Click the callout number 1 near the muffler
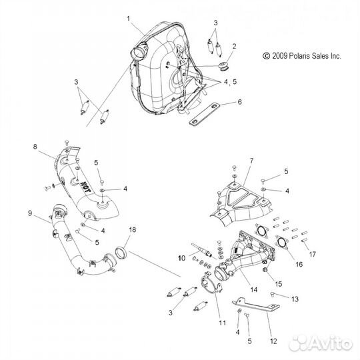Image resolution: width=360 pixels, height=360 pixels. tap(129, 19)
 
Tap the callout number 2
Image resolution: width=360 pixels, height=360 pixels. tap(234, 46)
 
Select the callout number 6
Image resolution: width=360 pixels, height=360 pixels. tap(239, 102)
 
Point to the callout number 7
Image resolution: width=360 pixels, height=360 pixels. tap(251, 161)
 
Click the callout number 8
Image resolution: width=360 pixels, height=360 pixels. tap(35, 147)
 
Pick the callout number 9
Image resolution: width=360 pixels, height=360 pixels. tap(30, 213)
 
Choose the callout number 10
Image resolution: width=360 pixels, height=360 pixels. tap(181, 258)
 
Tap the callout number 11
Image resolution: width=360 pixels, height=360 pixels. tap(222, 323)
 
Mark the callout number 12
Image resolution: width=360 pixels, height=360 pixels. tap(273, 341)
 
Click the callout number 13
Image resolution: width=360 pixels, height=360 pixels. tap(295, 299)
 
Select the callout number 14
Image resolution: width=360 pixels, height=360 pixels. tap(254, 289)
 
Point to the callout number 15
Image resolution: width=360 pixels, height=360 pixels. tap(278, 284)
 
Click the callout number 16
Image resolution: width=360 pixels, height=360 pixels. tap(299, 264)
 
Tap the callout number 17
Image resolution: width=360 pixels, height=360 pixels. tap(312, 254)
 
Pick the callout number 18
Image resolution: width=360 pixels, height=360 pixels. tap(133, 229)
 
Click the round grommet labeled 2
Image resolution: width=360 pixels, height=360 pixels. tap(223, 65)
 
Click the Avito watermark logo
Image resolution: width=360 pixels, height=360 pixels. tap(321, 343)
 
